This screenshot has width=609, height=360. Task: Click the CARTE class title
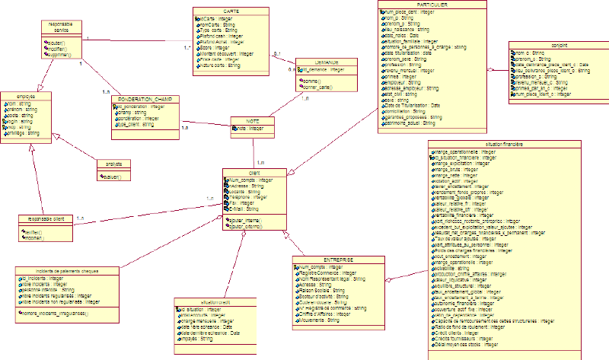point(231,11)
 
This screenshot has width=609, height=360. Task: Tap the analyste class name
point(114,163)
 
